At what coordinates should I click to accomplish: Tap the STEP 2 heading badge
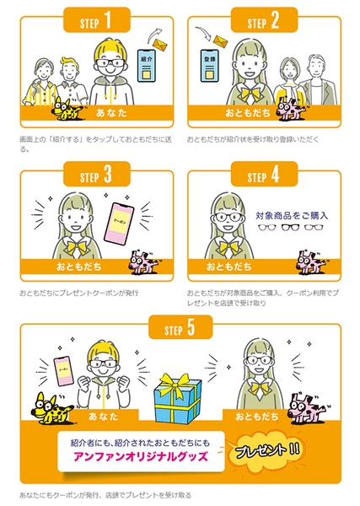click(x=265, y=18)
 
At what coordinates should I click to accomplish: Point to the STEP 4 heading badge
click(x=265, y=176)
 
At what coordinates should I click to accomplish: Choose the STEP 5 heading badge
click(x=180, y=328)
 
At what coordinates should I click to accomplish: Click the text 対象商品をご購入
click(x=292, y=215)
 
